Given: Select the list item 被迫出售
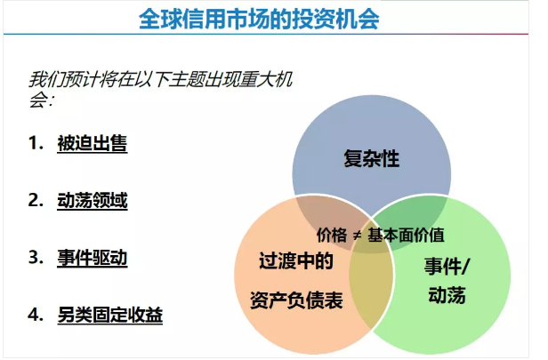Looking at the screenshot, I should (92, 143).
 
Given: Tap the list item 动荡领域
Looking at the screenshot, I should (92, 201).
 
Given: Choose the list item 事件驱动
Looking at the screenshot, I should (92, 258).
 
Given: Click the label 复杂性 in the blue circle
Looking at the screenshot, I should (371, 160).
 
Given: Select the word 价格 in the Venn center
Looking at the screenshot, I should (331, 236).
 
